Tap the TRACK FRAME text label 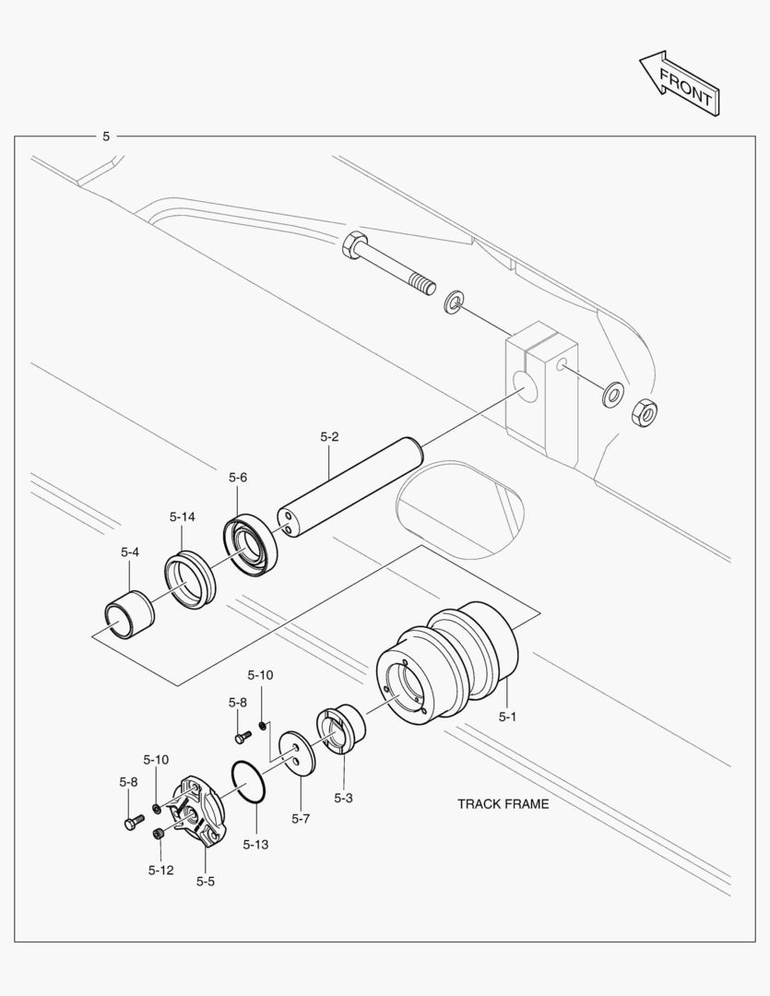pyautogui.click(x=503, y=803)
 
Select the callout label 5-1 pyautogui.click(x=508, y=716)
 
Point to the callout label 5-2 pyautogui.click(x=329, y=437)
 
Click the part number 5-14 pyautogui.click(x=182, y=516)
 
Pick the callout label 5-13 pyautogui.click(x=255, y=844)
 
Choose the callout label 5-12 pyautogui.click(x=160, y=869)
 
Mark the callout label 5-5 pyautogui.click(x=205, y=881)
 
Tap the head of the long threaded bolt pyautogui.click(x=353, y=246)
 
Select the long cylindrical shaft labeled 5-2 pyautogui.click(x=350, y=489)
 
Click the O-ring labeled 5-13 pyautogui.click(x=249, y=782)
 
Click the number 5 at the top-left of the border pyautogui.click(x=106, y=136)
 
